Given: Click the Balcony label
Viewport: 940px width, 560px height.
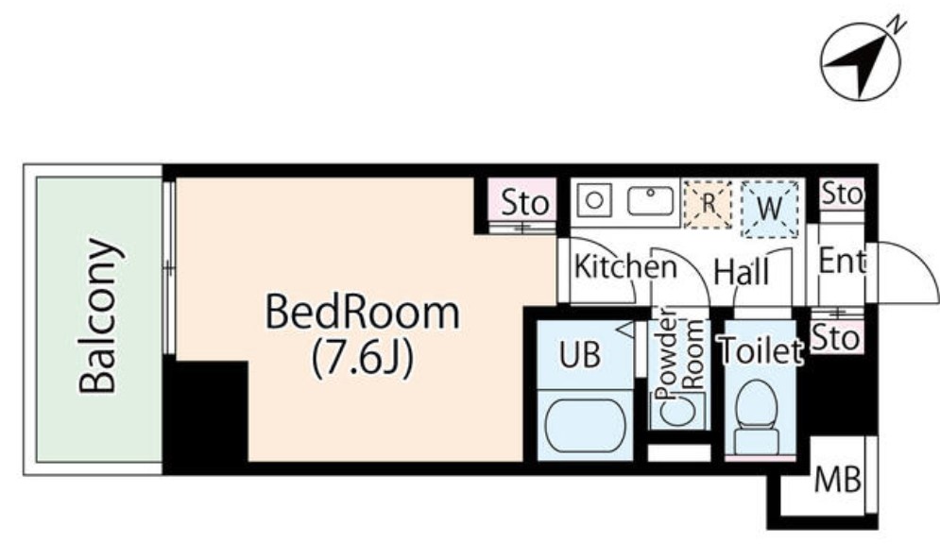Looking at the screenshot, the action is point(97,316).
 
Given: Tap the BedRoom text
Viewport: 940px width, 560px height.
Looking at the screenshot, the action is point(362,313).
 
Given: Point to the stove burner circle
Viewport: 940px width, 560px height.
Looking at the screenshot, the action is point(594,199).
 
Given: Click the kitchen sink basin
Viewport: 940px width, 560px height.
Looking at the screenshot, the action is point(651,200).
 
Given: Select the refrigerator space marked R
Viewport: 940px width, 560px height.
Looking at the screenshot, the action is point(708,204).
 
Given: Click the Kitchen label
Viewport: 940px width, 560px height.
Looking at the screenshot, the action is point(625,266).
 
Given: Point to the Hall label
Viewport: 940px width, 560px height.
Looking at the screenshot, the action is point(741,272).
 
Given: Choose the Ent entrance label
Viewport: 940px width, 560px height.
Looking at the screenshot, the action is point(843,261).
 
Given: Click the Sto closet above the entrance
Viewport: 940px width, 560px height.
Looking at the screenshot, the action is point(843,194).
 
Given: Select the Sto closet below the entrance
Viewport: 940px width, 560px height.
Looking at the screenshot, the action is point(836,337).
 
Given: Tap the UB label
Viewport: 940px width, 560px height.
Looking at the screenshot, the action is point(580,354).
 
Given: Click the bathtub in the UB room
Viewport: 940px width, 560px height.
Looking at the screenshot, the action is point(585,426).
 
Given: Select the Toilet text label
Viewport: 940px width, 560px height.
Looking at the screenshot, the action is point(761,350).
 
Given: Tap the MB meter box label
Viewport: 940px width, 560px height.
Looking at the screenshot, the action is point(837,480).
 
